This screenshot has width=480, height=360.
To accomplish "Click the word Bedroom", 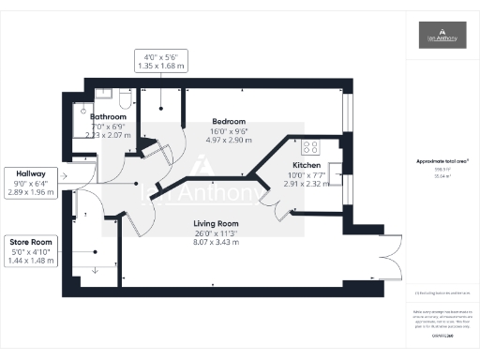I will pyautogui.click(x=229, y=121).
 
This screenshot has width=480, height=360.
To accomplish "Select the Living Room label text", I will pyautogui.click(x=216, y=223).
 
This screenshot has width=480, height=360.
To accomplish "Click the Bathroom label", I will pyautogui.click(x=108, y=116).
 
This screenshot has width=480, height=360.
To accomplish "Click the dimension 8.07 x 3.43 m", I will pyautogui.click(x=216, y=241).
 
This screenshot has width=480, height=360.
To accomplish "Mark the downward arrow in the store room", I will pyautogui.click(x=94, y=271).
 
